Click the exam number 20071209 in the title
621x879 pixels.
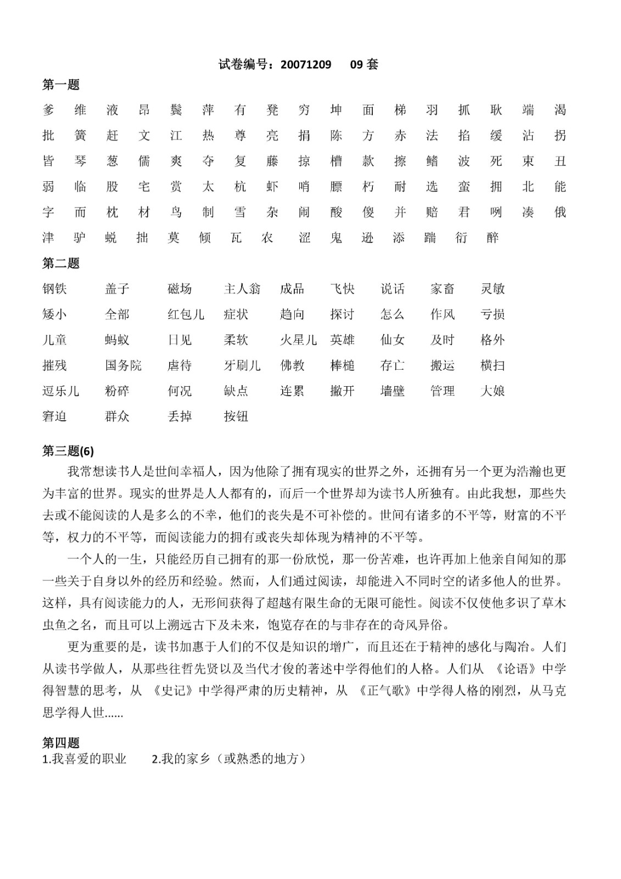pyautogui.click(x=306, y=64)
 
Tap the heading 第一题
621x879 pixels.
pyautogui.click(x=61, y=85)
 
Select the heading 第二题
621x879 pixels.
pyautogui.click(x=61, y=263)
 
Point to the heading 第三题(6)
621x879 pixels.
pyautogui.click(x=68, y=451)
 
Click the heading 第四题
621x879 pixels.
pyautogui.click(x=61, y=743)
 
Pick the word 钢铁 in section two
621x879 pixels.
pyautogui.click(x=54, y=289)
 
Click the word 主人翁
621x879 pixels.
pyautogui.click(x=242, y=289)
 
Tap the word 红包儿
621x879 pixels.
pyautogui.click(x=186, y=314)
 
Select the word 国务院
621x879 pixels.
pyautogui.click(x=123, y=365)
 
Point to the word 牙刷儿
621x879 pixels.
pyautogui.click(x=242, y=365)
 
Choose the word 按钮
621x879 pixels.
pyautogui.click(x=236, y=416)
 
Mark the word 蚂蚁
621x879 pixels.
pyautogui.click(x=117, y=340)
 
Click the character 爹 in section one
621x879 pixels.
pyautogui.click(x=48, y=110)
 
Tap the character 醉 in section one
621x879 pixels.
pyautogui.click(x=493, y=237)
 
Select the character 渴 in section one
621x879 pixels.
pyautogui.click(x=560, y=110)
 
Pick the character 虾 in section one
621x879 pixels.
pyautogui.click(x=272, y=187)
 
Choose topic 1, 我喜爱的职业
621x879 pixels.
pyautogui.click(x=85, y=759)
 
